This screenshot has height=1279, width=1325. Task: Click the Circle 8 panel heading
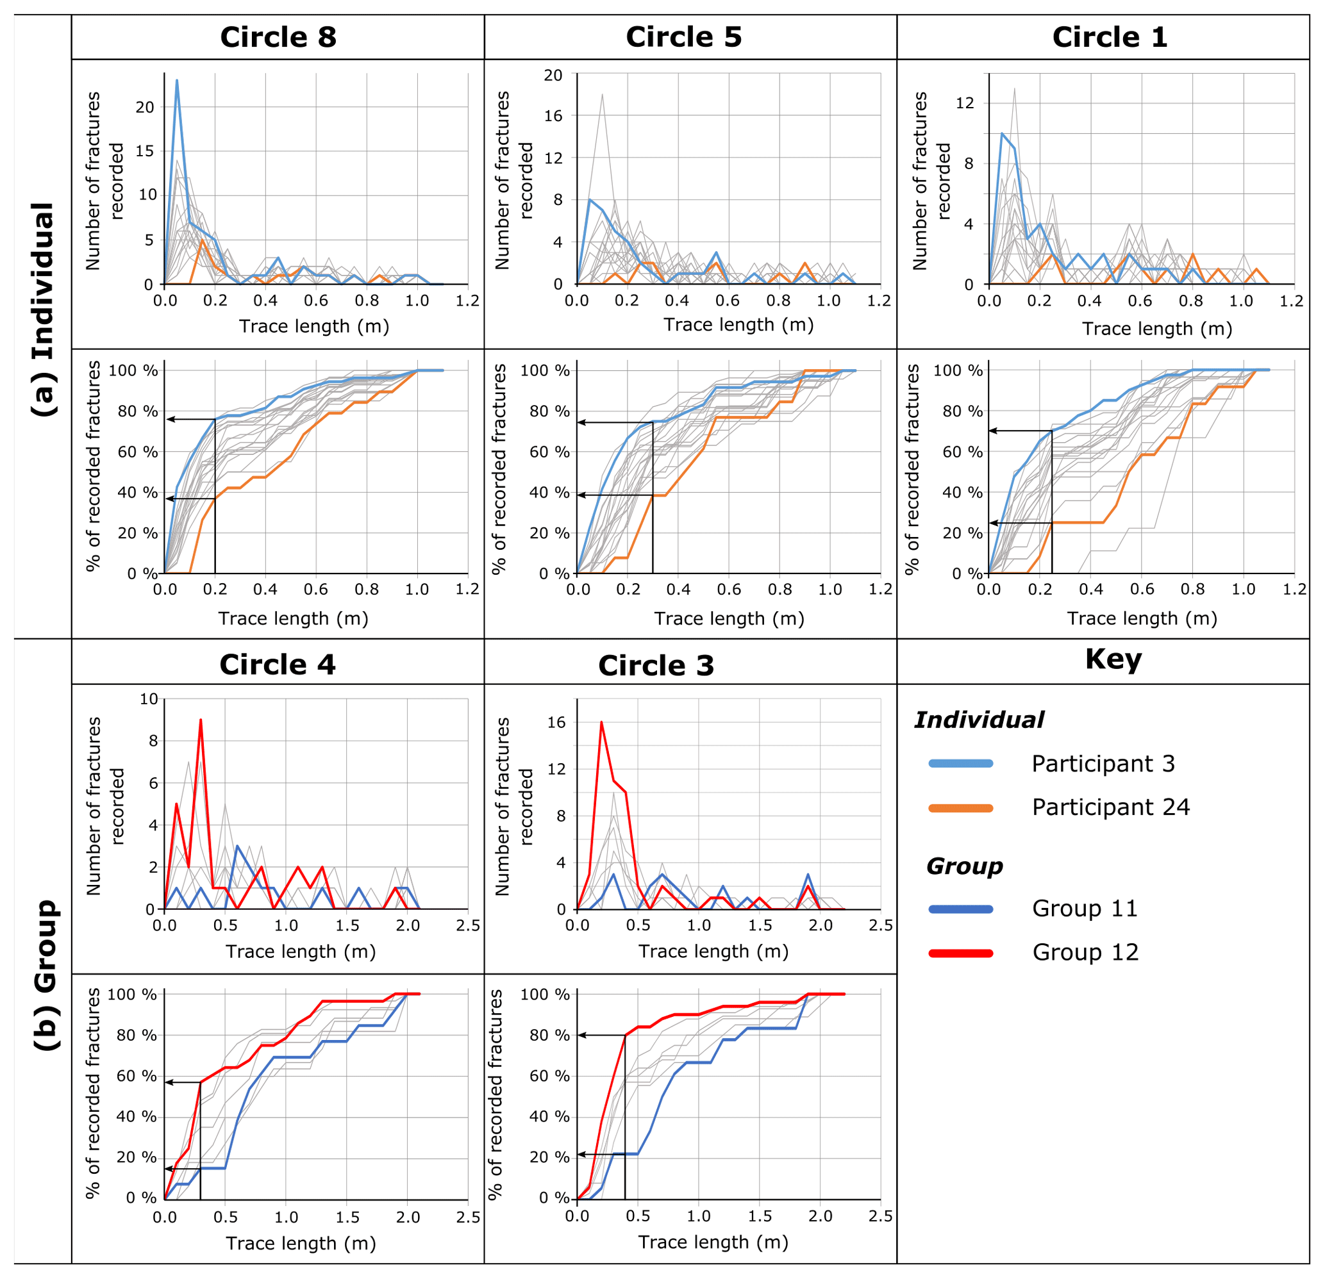coord(278,37)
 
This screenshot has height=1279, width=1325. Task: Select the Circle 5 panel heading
coord(683,37)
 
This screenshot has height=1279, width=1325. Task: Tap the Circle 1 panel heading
coord(1110,37)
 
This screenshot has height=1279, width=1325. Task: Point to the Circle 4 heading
coord(277,665)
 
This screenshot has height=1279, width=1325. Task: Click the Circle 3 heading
coord(656,666)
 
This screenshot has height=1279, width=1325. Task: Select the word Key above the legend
coord(1113,659)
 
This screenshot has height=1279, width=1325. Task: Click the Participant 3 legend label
coord(1103,763)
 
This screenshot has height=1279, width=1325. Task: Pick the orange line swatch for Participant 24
coord(961,808)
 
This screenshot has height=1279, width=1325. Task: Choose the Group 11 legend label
coord(1085,909)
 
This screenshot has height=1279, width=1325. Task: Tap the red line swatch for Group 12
coord(961,953)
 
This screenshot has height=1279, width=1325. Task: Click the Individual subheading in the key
coord(979,720)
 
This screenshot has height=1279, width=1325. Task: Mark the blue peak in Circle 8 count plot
coord(177,80)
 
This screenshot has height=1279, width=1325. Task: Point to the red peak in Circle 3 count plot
coord(601,722)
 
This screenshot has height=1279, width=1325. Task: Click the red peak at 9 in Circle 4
coord(201,720)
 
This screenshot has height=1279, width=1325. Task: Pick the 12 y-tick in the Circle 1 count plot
coord(965,103)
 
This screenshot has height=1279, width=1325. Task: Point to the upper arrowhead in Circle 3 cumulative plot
coord(581,1035)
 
